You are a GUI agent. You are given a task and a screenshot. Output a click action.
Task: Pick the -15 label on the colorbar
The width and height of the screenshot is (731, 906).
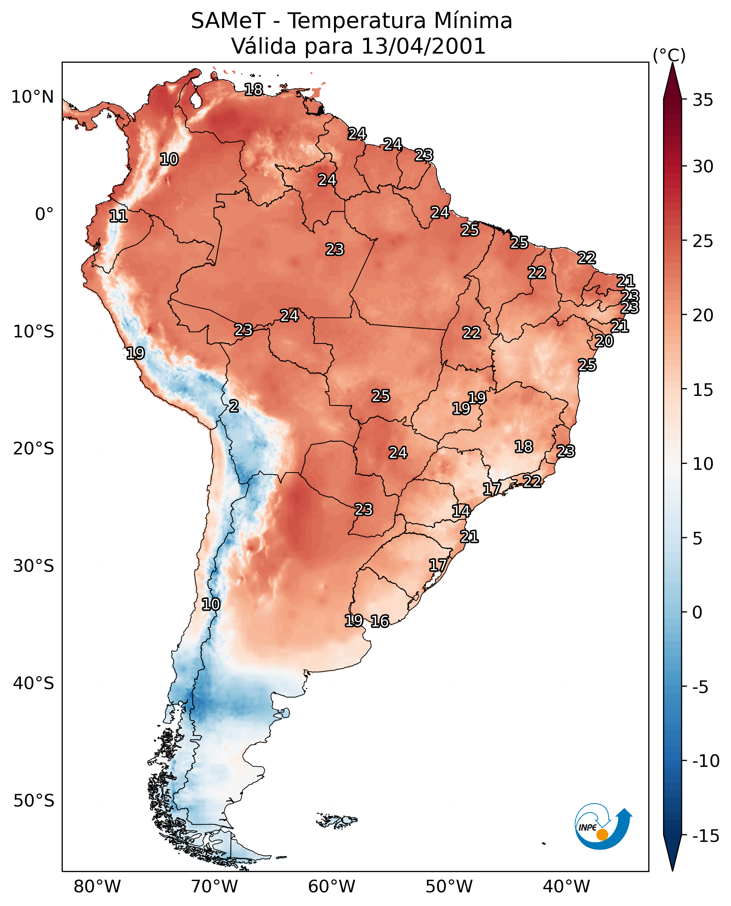(706, 836)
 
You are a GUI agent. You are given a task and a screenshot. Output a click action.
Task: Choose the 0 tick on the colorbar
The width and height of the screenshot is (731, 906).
(698, 612)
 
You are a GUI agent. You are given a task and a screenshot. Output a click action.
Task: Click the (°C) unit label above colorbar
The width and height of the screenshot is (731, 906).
(669, 55)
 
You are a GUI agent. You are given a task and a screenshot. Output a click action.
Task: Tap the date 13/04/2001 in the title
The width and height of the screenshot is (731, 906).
(424, 46)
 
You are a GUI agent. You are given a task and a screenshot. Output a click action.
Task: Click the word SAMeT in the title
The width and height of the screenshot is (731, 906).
(228, 21)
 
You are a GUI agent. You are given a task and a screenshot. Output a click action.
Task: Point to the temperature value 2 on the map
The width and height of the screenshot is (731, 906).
(234, 406)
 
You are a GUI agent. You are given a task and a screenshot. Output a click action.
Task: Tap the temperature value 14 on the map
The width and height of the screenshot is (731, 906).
(461, 511)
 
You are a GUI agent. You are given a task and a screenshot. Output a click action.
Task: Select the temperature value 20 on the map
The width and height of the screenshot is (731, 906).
(604, 341)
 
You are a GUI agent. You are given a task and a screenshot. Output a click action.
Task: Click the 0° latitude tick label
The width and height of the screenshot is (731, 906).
(44, 214)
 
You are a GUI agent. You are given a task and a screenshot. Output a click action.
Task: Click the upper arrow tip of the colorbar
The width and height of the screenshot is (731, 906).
(672, 63)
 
